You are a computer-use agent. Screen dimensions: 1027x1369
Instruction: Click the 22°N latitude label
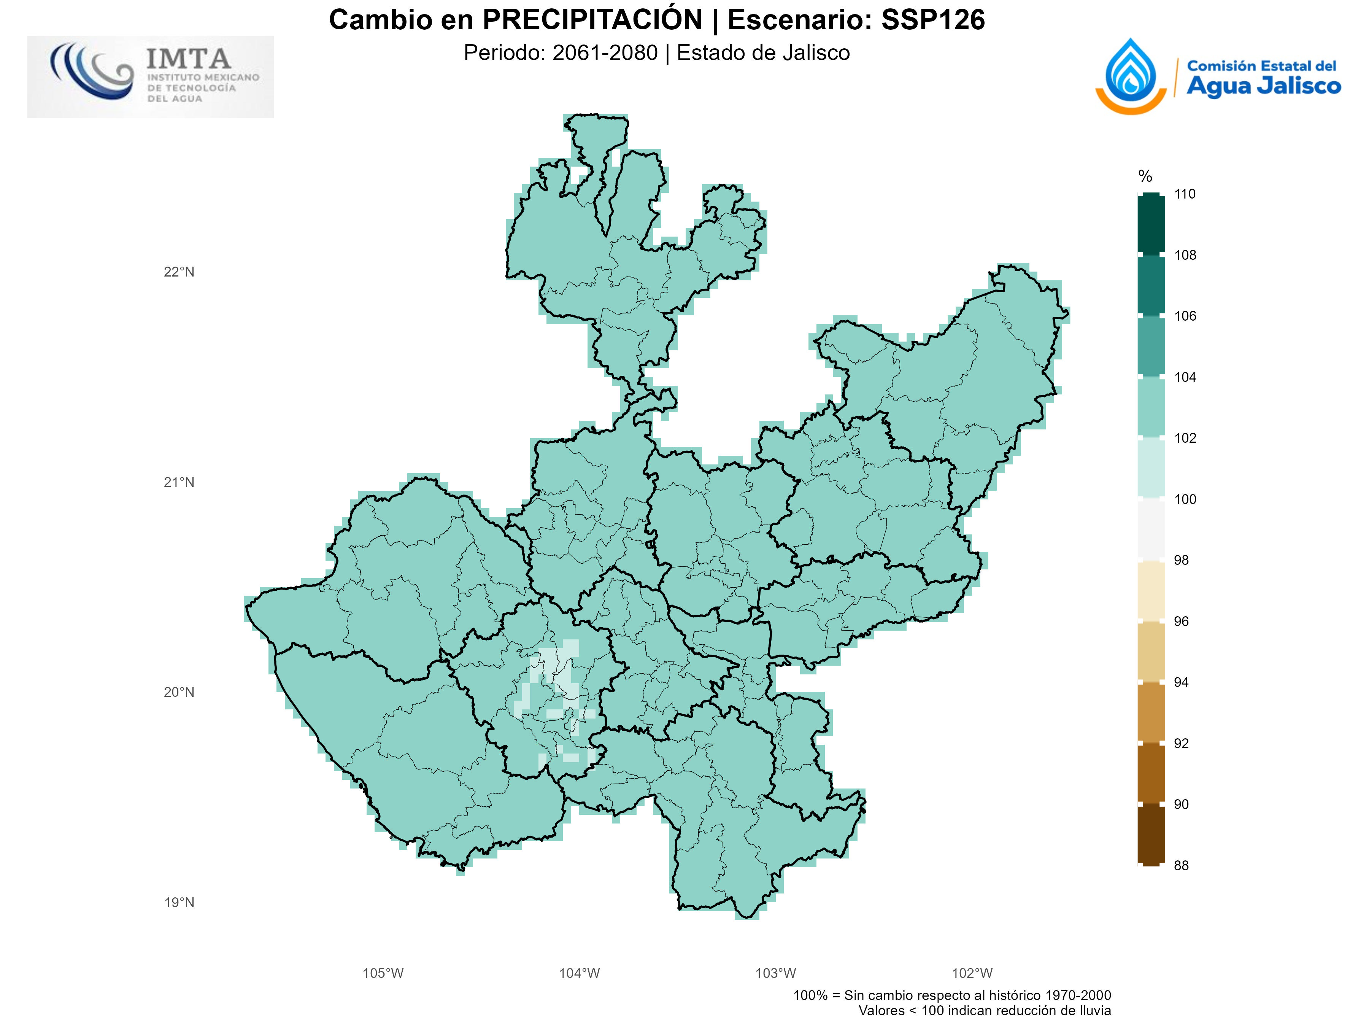179,272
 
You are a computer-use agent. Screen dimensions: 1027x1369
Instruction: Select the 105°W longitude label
383,973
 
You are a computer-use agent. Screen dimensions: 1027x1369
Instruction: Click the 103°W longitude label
775,973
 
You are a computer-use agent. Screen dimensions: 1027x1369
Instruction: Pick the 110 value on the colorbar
1185,194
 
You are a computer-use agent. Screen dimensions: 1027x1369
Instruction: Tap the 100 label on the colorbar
1185,499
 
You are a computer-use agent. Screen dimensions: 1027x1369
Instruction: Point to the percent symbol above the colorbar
1145,176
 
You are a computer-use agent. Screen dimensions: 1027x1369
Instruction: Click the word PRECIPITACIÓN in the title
592,20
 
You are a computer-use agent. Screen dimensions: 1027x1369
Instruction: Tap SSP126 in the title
933,20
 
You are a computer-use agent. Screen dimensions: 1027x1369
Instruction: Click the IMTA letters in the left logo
189,59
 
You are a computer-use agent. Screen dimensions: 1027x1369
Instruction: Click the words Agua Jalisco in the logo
1263,86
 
